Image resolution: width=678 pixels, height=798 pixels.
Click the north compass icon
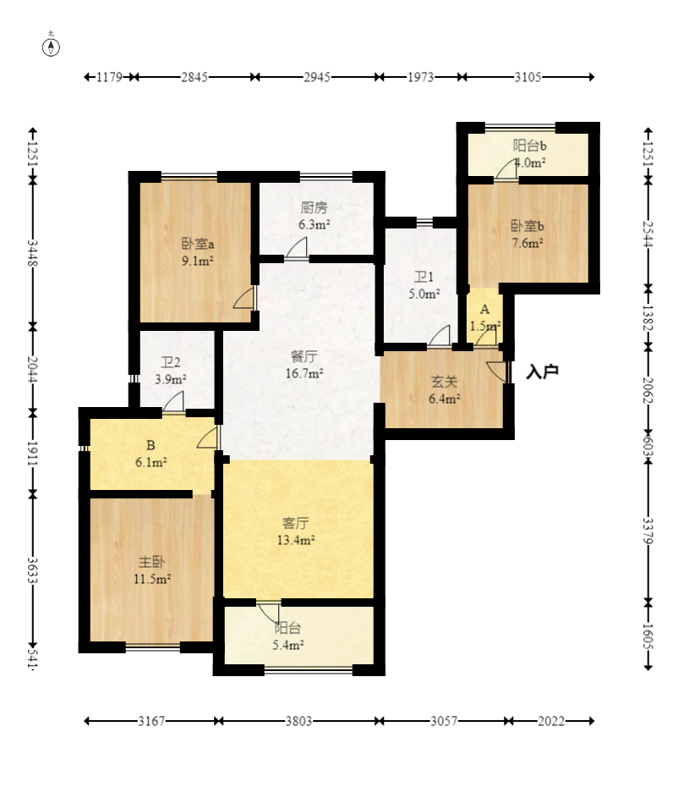(x=51, y=47)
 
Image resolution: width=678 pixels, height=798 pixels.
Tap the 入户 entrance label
(x=542, y=371)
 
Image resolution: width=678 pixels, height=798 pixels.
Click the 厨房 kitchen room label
(x=314, y=207)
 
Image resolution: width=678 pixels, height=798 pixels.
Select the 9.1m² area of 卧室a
(x=198, y=261)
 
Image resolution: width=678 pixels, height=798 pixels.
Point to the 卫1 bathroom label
(x=424, y=277)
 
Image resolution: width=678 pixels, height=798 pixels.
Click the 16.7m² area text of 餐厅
(x=304, y=373)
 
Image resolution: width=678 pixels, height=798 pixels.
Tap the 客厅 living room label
(x=295, y=523)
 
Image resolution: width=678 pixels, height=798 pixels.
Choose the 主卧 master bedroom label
(x=151, y=562)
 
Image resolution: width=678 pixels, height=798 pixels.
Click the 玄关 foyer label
(x=444, y=382)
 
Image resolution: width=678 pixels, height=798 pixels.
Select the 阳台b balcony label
(x=529, y=146)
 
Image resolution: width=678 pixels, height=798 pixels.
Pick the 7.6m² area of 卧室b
(x=528, y=243)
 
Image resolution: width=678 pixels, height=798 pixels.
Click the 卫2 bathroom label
(x=170, y=362)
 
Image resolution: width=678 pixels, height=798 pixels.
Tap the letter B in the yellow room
(x=150, y=445)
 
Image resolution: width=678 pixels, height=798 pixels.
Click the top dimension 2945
(x=317, y=77)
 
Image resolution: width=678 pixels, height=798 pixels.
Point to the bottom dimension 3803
(x=298, y=721)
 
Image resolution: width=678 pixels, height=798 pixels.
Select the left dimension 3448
(x=32, y=253)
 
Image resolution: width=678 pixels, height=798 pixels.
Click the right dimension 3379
(x=648, y=531)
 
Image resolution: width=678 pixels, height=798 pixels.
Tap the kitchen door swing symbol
(x=296, y=249)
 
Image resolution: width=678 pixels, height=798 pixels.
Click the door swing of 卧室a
(x=244, y=297)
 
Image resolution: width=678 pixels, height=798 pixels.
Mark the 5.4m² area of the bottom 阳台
(x=288, y=645)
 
